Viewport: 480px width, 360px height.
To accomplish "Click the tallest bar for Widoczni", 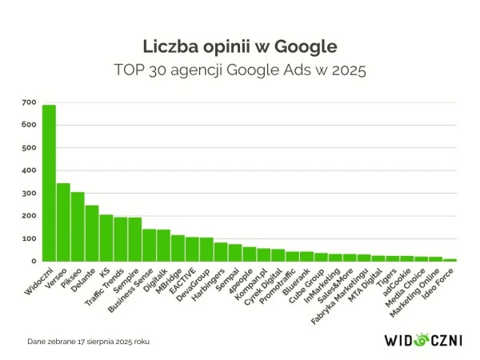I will coord(49,182).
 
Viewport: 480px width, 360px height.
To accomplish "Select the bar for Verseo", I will coord(63,222).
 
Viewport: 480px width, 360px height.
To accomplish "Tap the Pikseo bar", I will coord(78,226).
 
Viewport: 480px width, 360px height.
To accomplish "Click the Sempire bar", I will coord(134,239).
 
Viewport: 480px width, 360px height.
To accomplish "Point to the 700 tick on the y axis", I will coord(29,102).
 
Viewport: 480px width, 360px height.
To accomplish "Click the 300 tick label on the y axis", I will coord(29,193).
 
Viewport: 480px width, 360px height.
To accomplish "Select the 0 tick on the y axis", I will coord(34,261).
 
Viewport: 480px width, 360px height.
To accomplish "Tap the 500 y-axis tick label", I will coord(29,148).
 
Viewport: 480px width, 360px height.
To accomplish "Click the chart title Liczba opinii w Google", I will coord(239,45).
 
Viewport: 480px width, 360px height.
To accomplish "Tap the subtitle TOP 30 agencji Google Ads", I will coord(240,70).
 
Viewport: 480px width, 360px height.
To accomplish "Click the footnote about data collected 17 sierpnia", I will coord(88,341).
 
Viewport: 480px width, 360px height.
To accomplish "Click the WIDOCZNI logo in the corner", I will coord(423,339).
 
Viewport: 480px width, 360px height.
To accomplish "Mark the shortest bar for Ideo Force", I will coord(450,259).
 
